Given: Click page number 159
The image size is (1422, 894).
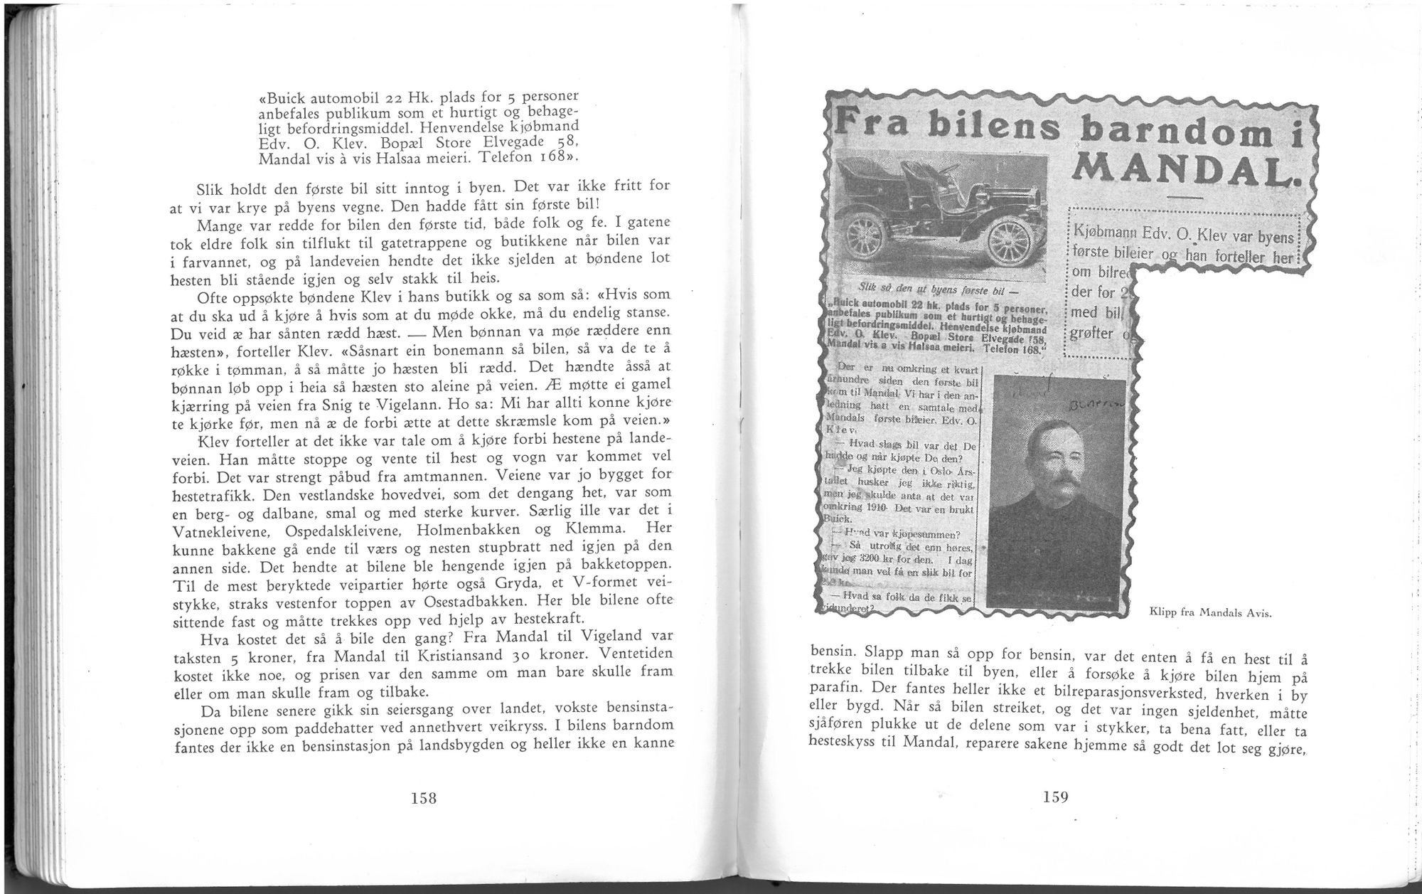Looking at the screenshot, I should pos(1055,797).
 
